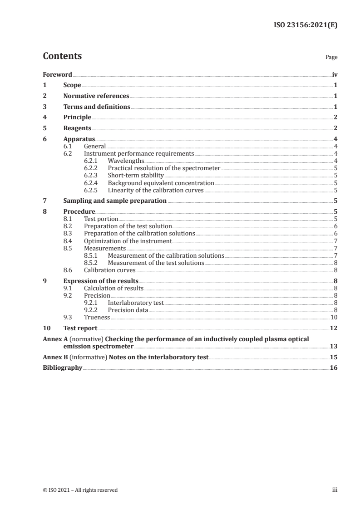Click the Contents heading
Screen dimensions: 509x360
click(62, 56)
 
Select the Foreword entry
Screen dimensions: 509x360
click(57, 74)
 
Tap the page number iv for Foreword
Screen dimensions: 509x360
click(335, 74)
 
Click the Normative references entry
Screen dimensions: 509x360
click(96, 96)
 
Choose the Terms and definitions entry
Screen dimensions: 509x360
click(97, 107)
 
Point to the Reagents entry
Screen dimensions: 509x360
click(77, 128)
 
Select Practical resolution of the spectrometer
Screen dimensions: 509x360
click(164, 168)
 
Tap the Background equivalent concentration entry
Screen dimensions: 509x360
click(161, 183)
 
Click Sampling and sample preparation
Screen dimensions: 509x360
click(115, 201)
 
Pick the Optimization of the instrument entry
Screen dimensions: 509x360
click(128, 241)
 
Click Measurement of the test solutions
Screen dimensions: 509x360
click(156, 263)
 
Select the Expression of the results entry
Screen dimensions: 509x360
click(101, 281)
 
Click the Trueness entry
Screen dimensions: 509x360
click(97, 318)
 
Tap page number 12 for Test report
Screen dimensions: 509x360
click(334, 328)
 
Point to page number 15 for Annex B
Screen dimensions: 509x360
click(334, 357)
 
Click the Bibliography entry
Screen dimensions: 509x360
click(62, 368)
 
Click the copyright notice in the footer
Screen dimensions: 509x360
click(80, 490)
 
